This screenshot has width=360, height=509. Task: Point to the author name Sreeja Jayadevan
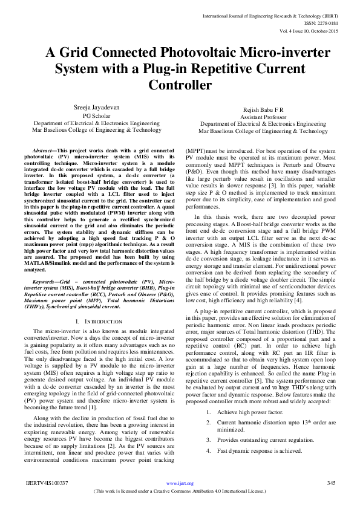pyautogui.click(x=97, y=107)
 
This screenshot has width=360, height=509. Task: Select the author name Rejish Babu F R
pyautogui.click(x=263, y=109)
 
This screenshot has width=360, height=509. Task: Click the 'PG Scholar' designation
pyautogui.click(x=97, y=115)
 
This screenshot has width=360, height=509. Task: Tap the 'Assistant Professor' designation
pyautogui.click(x=263, y=117)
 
